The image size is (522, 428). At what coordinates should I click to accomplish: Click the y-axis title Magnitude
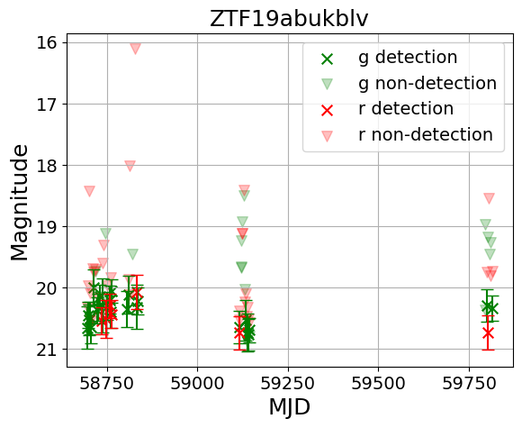pyautogui.click(x=20, y=202)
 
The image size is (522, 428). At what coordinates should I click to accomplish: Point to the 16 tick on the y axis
pyautogui.click(x=47, y=42)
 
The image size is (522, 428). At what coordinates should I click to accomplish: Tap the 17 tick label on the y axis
pyautogui.click(x=47, y=104)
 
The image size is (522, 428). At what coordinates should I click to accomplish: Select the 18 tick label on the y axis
pyautogui.click(x=47, y=165)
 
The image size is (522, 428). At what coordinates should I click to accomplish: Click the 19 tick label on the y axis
pyautogui.click(x=47, y=226)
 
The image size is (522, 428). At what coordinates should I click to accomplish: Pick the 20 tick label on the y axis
pyautogui.click(x=47, y=287)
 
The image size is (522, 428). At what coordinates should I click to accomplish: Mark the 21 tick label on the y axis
pyautogui.click(x=47, y=349)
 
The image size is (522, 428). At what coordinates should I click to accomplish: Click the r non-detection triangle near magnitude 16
pyautogui.click(x=135, y=49)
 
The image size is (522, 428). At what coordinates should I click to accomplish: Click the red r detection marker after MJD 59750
pyautogui.click(x=488, y=332)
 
